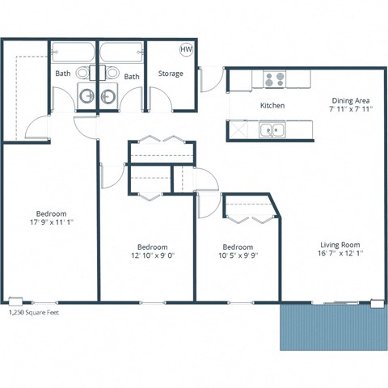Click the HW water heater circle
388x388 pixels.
tap(186, 49)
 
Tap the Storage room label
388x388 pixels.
tap(171, 74)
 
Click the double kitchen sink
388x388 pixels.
tap(272, 129)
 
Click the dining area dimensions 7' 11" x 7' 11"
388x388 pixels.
tap(350, 109)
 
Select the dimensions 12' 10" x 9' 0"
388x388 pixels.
tap(151, 255)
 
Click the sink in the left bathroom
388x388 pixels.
tap(86, 95)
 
